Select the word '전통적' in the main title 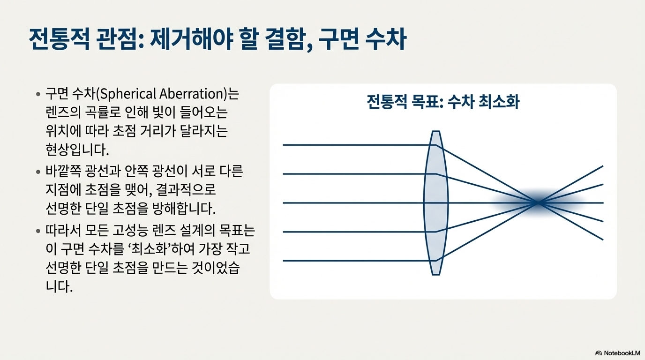point(60,39)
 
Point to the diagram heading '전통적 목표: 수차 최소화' point(443,102)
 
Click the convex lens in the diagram point(436,203)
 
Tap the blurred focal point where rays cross point(538,203)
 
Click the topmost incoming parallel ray point(360,145)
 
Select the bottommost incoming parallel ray point(360,261)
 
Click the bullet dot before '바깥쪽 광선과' point(38,172)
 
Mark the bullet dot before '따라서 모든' point(38,231)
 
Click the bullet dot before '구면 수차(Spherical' point(38,94)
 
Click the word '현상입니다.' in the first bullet point(77,150)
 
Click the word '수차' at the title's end point(386,39)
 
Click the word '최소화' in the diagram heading point(499,102)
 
